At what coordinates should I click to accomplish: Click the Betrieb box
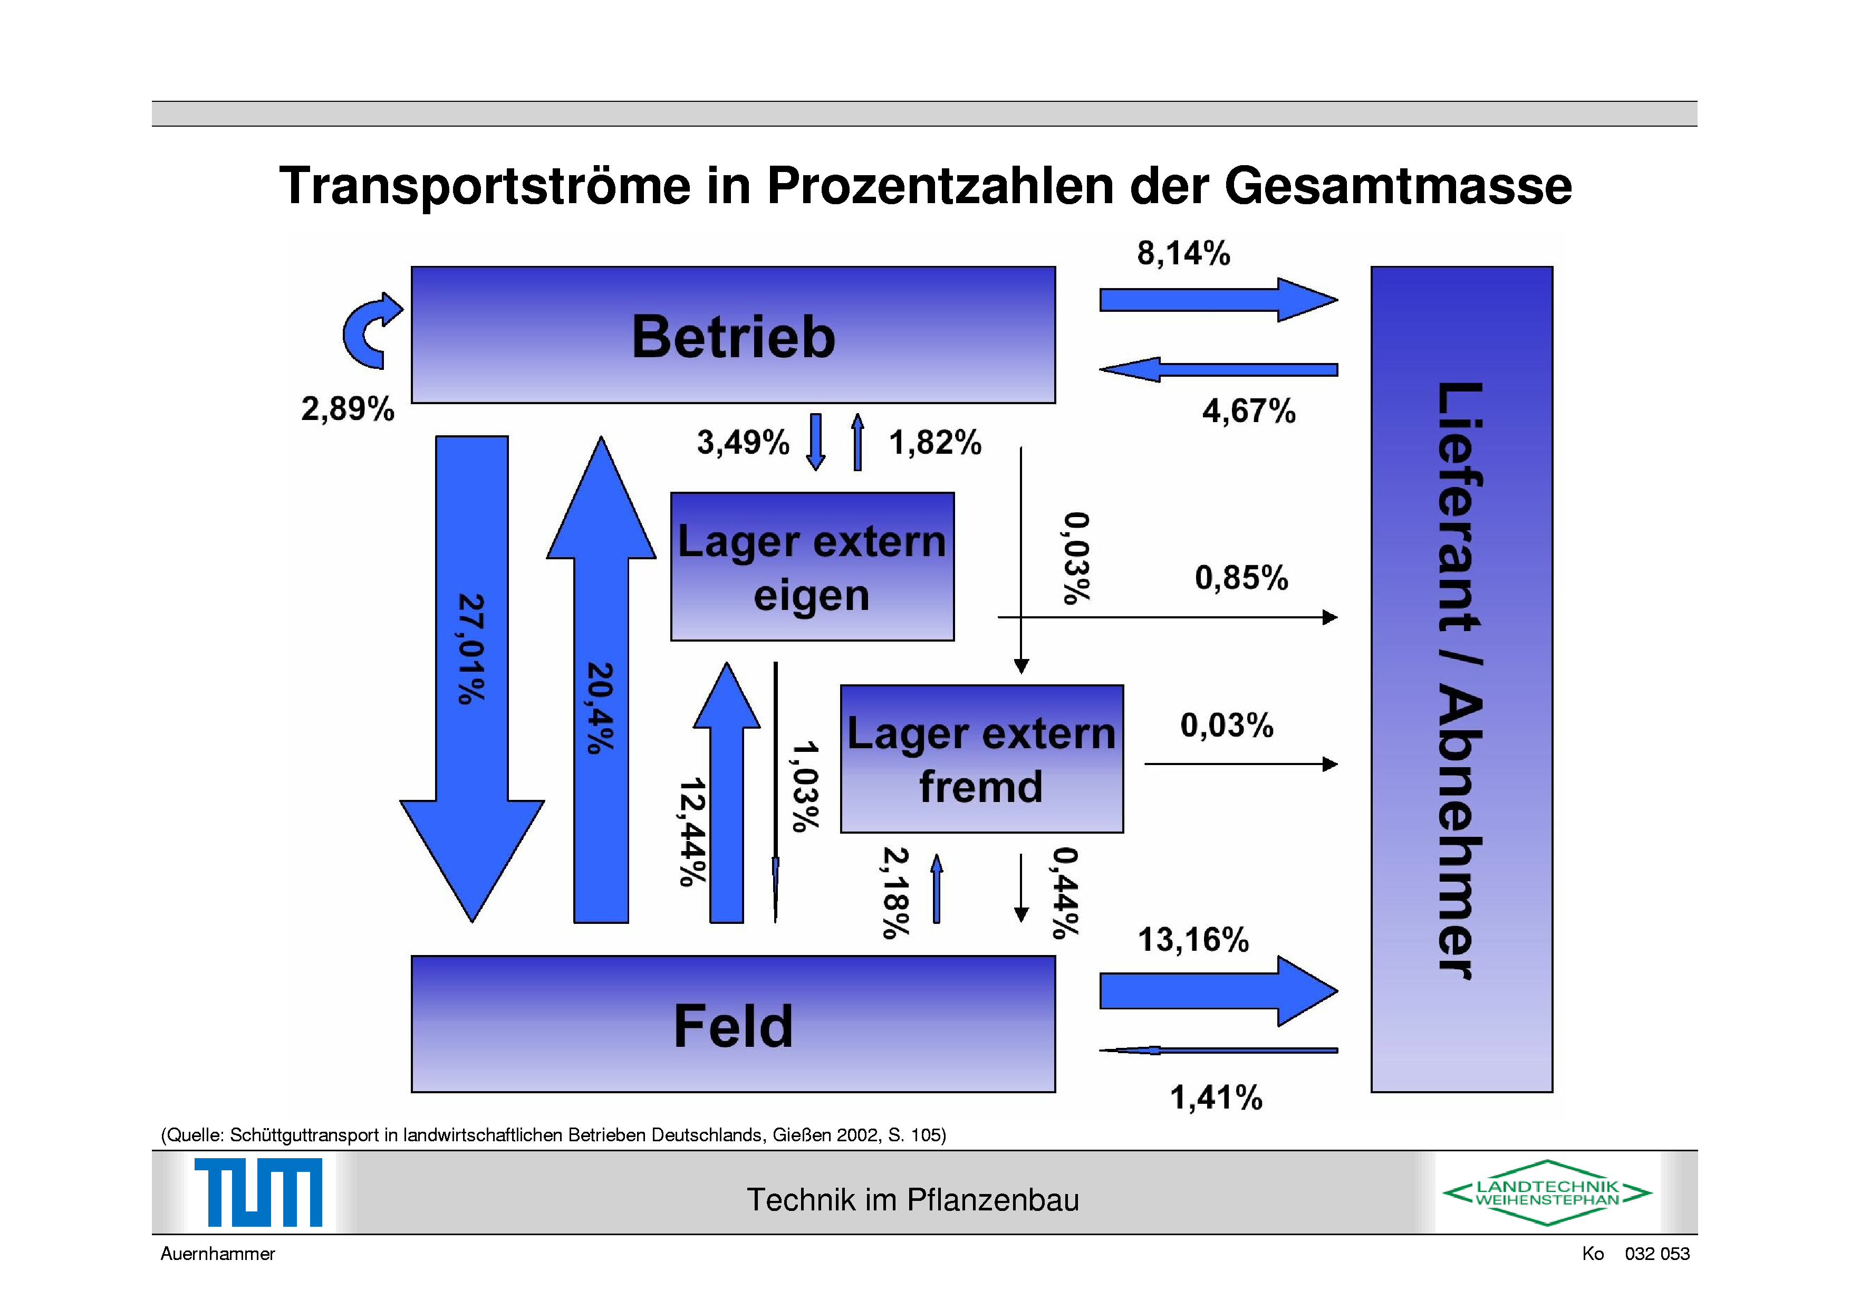point(733,335)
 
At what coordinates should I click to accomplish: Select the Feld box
point(733,1024)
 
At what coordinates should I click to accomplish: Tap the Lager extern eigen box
point(812,567)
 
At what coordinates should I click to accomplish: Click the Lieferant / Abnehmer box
point(1462,680)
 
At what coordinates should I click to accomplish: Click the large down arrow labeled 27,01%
point(472,679)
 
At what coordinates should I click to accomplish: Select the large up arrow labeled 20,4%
point(601,679)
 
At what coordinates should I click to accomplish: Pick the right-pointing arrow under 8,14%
point(1218,300)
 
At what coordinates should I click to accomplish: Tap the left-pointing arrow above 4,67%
point(1218,370)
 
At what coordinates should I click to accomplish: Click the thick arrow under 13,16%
point(1218,990)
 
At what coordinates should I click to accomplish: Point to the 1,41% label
point(1216,1097)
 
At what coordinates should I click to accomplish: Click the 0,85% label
point(1241,578)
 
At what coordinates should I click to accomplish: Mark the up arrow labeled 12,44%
point(727,792)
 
